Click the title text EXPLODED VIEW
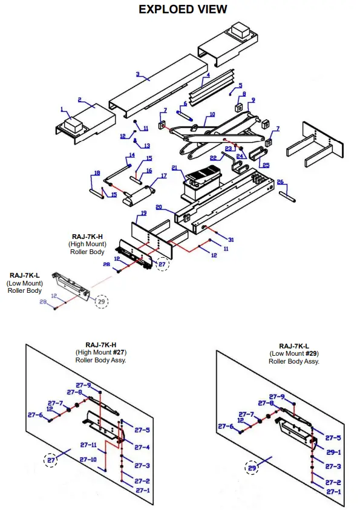point(183,9)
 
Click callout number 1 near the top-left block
point(61,109)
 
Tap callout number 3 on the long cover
point(138,75)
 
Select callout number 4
point(208,76)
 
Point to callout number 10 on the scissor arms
point(211,114)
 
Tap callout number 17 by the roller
point(163,176)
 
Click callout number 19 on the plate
point(143,213)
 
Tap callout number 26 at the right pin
point(280,181)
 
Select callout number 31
point(231,240)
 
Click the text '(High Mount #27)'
point(101,351)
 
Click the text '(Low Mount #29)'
point(295,353)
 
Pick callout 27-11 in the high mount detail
point(88,445)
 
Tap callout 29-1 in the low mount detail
point(333,452)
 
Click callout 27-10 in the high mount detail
point(88,460)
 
